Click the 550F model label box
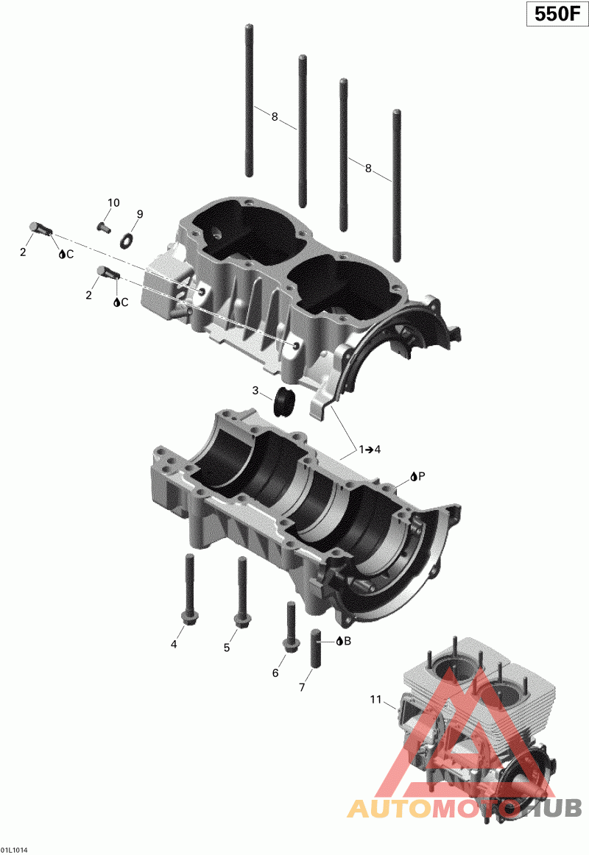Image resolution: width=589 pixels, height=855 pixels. [x=557, y=14]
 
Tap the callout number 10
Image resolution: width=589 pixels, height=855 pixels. [x=113, y=203]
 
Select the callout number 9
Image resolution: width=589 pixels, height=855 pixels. [x=140, y=214]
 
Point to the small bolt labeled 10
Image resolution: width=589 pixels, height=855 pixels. [x=104, y=227]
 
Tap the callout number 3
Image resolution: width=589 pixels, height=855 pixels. [x=255, y=391]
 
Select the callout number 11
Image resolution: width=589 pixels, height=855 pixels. [x=375, y=699]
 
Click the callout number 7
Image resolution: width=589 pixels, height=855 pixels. [x=302, y=687]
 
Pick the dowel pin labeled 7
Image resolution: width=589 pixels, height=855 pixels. [x=316, y=648]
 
